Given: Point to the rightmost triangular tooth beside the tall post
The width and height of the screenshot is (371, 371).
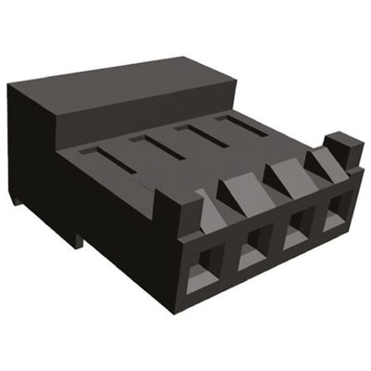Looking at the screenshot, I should click(x=320, y=164).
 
